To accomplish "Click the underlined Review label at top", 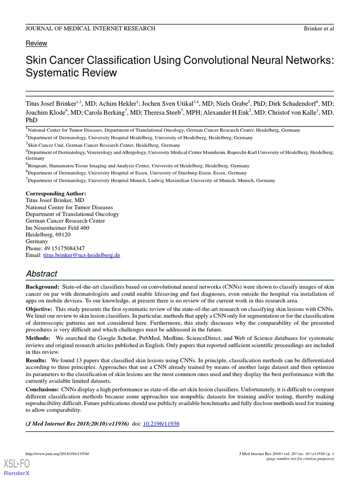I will point(36,43).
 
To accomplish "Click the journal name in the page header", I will point(90,29).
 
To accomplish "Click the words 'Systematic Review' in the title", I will point(71,73).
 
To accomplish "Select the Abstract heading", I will point(41,274).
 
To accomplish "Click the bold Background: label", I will point(42,286).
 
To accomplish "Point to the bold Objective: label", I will point(39,310).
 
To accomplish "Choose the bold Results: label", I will point(37,360).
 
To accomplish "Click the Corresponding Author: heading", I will point(56,194).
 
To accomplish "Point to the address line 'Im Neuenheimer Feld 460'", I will point(57,228).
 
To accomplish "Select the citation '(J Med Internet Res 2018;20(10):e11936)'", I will point(77,424).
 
